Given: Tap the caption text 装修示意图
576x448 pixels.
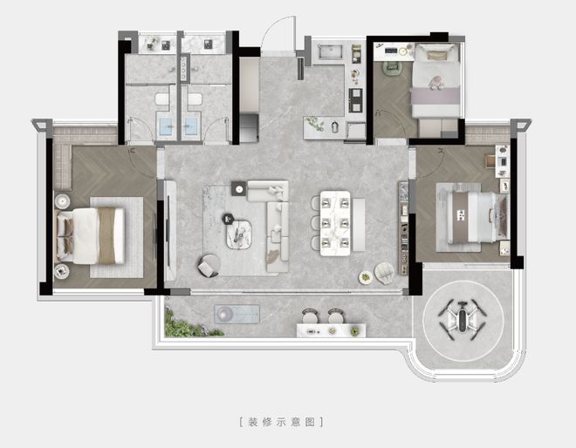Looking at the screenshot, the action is (281, 422).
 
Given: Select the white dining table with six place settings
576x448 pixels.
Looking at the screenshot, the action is (335, 223).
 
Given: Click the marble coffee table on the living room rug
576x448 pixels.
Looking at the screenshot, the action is (239, 234).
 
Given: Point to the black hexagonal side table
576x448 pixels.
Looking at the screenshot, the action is (228, 219).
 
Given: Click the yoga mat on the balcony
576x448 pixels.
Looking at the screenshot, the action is (237, 315).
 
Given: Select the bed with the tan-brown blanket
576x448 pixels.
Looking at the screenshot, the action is (90, 236).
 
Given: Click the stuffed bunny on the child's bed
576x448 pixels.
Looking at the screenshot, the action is (435, 83).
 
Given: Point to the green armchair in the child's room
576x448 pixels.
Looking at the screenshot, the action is (393, 69).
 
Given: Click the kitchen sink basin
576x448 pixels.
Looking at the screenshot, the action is (330, 51).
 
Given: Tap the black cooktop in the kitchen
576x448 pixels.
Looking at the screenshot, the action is (355, 100).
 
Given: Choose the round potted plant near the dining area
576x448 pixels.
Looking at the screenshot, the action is (365, 277).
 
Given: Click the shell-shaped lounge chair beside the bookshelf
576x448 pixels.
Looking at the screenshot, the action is (385, 274).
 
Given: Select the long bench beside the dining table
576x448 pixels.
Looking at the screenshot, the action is (359, 225).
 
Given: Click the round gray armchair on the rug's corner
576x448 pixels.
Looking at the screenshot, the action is (209, 265).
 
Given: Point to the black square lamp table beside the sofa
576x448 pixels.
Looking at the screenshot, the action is (239, 188).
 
